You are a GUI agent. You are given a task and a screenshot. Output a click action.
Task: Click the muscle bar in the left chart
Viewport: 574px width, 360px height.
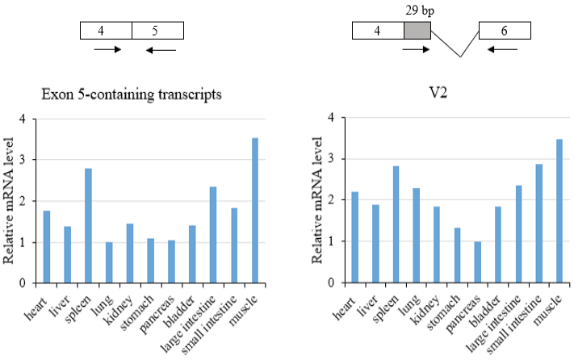pos(255,211)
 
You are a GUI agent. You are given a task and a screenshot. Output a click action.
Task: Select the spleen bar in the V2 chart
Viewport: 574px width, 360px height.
pos(396,224)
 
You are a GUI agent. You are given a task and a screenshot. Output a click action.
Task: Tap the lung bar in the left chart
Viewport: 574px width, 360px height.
pos(109,262)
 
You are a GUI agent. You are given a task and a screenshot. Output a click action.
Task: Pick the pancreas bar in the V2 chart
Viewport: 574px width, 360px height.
pos(478,262)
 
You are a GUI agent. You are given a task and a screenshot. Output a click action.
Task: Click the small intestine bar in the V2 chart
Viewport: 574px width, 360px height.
pos(539,223)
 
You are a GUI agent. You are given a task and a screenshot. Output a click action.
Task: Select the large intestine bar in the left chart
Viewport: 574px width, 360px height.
pos(213,235)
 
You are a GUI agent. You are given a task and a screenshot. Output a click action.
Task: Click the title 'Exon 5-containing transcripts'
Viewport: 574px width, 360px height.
pos(132,94)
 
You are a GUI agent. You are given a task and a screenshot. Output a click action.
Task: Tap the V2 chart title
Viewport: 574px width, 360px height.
pos(438,93)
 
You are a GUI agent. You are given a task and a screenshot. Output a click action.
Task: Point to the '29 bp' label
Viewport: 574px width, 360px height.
pos(420,10)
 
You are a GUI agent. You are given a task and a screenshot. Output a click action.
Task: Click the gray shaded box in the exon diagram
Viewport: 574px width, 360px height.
pos(417,31)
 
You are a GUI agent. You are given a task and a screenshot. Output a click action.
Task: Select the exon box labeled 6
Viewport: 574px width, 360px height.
pos(505,31)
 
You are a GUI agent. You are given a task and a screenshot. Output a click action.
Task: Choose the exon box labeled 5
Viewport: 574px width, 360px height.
pos(157,31)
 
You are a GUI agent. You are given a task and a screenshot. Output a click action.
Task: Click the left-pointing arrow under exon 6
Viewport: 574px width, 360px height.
pos(502,49)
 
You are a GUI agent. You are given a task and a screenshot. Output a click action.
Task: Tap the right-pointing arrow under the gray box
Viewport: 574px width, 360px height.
pos(416,49)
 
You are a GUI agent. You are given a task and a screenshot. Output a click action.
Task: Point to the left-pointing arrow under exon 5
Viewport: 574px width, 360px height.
pos(161,50)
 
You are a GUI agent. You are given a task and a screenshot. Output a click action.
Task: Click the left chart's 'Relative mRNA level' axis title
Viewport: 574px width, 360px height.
pos(8,200)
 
